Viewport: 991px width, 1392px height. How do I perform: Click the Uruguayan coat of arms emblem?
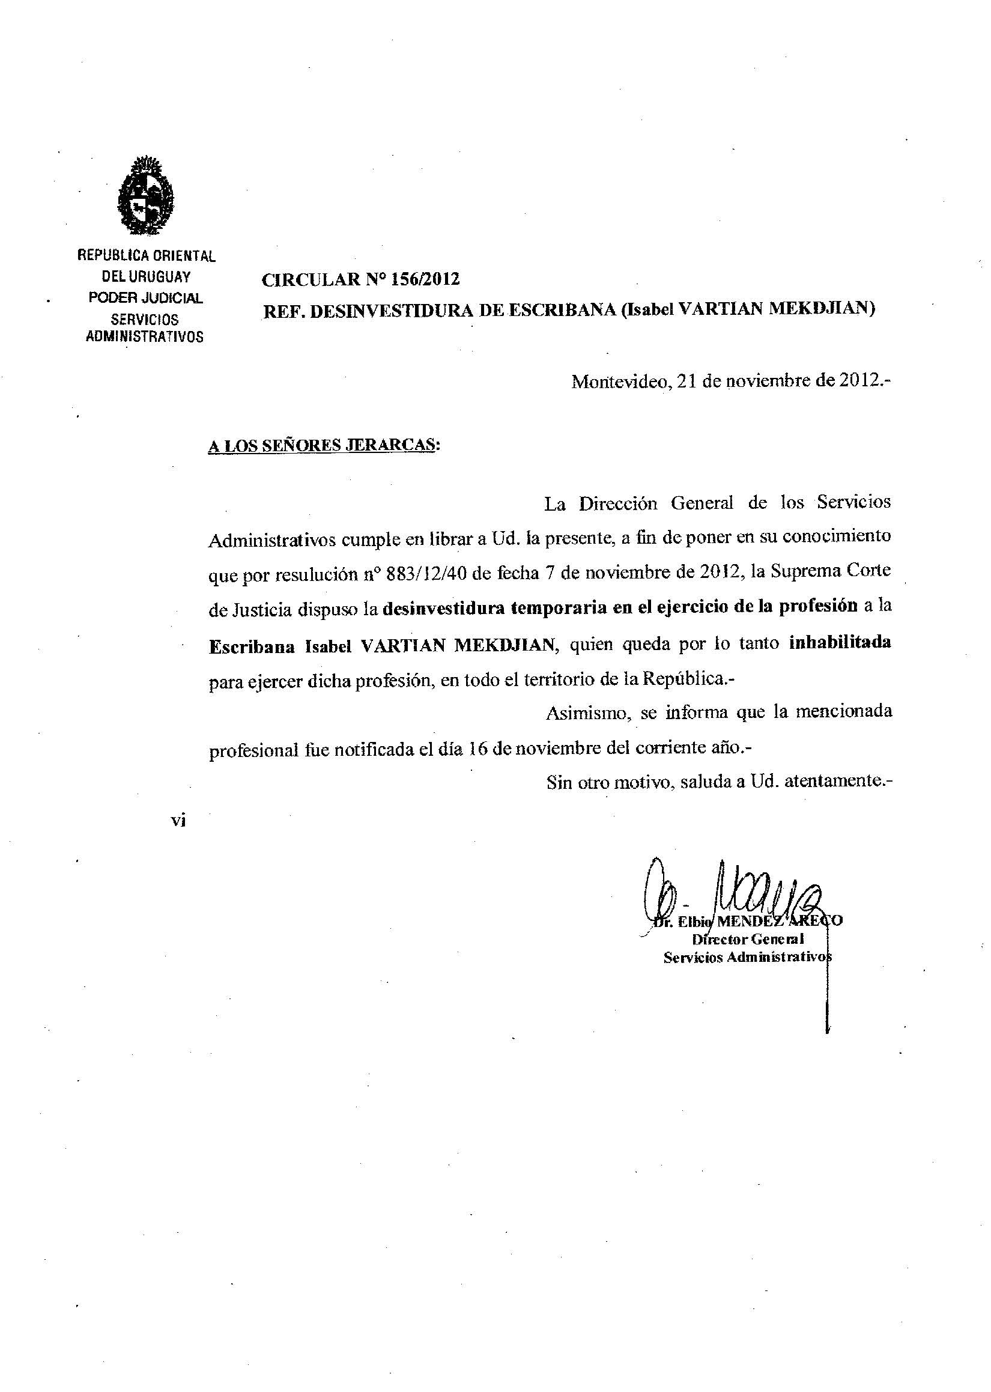point(147,196)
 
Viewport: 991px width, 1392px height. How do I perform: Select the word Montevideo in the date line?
point(621,382)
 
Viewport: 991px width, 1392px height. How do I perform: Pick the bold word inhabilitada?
point(840,643)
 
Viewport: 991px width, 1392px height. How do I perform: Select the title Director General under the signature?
point(748,940)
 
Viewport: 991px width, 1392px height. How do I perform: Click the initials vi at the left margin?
point(178,821)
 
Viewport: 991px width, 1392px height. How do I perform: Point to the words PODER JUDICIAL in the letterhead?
point(146,299)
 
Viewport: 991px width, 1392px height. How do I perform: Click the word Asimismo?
point(588,712)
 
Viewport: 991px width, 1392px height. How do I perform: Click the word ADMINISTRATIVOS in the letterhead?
point(145,336)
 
